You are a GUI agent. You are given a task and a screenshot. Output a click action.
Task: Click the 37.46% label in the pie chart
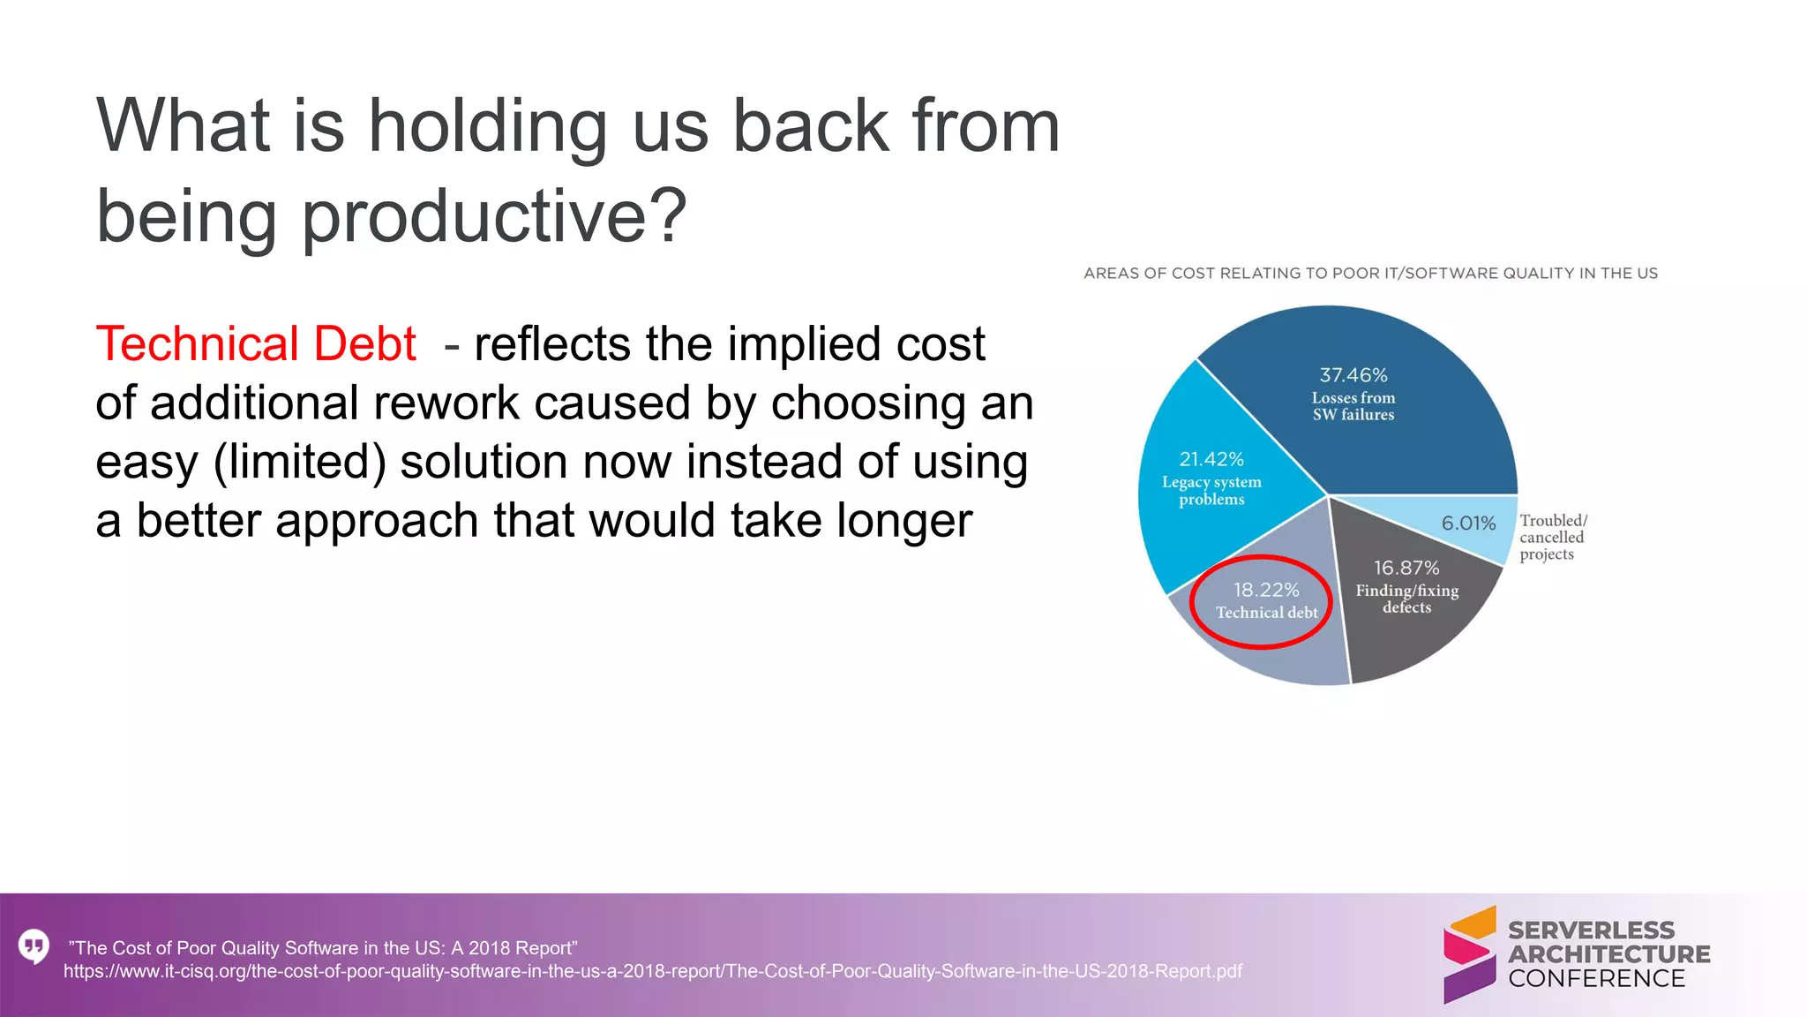(x=1353, y=375)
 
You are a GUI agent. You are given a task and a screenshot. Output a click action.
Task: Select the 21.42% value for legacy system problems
(x=1211, y=459)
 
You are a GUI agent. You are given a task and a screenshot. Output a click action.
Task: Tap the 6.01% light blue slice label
(x=1468, y=524)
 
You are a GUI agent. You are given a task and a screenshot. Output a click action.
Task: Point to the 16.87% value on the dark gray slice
(x=1406, y=568)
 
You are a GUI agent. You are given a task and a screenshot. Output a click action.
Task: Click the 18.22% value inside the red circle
(x=1265, y=590)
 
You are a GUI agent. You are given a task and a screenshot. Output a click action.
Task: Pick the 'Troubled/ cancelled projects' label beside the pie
(x=1552, y=537)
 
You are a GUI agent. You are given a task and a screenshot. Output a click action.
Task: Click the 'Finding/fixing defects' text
(x=1406, y=599)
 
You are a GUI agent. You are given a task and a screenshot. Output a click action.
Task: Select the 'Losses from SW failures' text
(x=1353, y=406)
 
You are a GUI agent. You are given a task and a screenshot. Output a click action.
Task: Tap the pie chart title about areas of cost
(x=1370, y=274)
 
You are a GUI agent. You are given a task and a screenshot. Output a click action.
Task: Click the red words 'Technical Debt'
(x=256, y=344)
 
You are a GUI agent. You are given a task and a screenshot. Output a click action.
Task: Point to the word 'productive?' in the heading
(x=493, y=216)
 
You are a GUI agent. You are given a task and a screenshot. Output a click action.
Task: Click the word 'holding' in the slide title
(x=487, y=126)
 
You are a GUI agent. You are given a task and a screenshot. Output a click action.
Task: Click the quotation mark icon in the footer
(x=34, y=946)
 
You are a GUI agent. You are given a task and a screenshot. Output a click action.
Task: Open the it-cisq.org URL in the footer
(x=652, y=971)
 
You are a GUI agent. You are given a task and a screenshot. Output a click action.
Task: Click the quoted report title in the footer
(x=323, y=948)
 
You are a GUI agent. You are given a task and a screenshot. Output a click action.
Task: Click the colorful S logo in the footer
(x=1469, y=954)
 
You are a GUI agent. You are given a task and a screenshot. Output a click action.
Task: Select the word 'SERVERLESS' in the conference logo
(x=1591, y=930)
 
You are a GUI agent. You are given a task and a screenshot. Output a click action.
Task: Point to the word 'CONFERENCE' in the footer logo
(x=1596, y=979)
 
